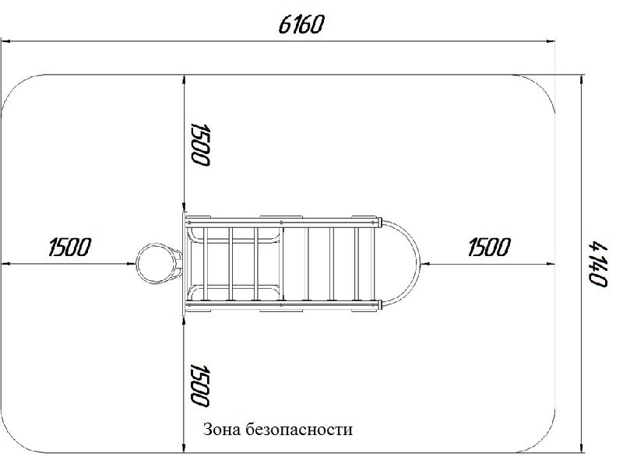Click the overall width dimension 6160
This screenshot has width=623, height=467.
301,25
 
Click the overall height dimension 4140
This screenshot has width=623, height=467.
597,265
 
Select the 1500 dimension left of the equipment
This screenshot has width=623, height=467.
70,247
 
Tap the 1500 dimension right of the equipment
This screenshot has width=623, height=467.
489,247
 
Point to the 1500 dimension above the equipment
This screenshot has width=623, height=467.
200,145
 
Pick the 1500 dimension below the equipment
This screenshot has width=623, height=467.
200,385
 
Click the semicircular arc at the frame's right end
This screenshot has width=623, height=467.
420,263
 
